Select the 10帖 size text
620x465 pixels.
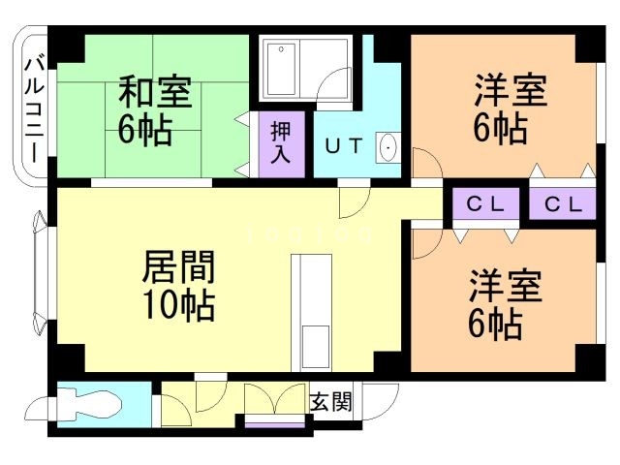178,305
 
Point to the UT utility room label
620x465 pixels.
343,147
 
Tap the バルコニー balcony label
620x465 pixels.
34,106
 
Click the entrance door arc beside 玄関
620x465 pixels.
381,402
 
